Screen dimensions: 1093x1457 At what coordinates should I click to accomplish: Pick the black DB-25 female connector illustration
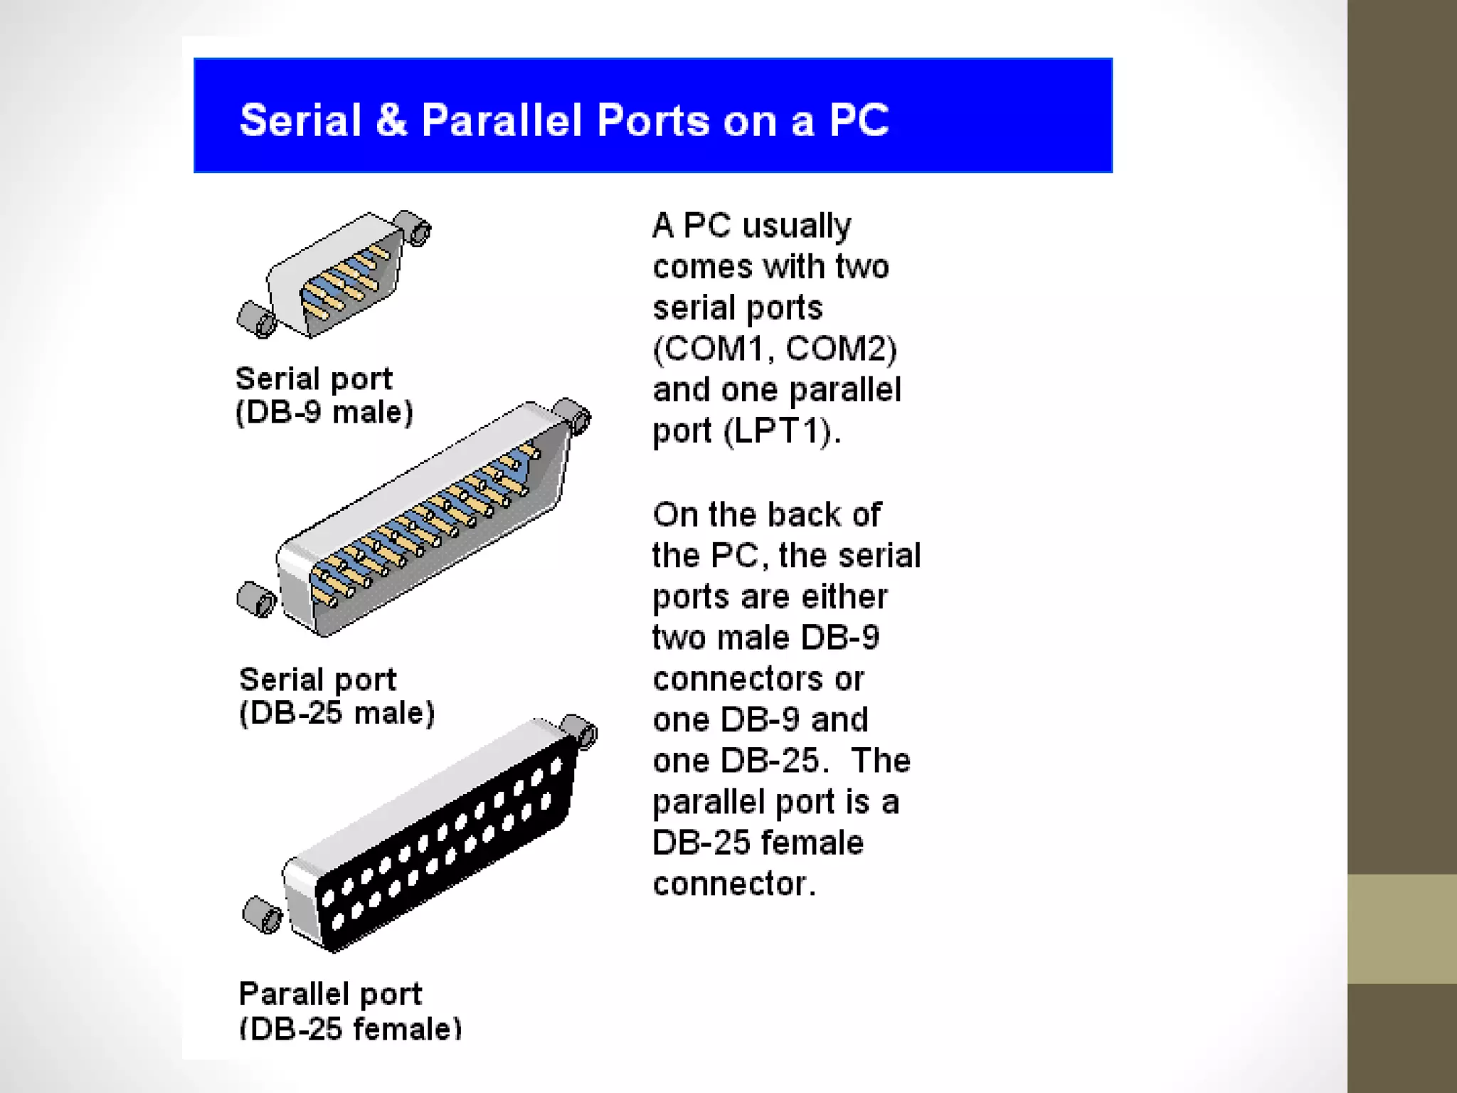click(x=434, y=836)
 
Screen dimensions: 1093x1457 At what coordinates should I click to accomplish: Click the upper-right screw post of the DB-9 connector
click(x=414, y=227)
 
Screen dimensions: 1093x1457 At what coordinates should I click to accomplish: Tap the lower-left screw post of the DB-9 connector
click(x=256, y=320)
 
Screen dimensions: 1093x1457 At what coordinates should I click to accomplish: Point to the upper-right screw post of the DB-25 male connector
click(x=573, y=416)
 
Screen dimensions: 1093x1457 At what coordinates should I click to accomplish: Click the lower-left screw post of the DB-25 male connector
click(x=256, y=599)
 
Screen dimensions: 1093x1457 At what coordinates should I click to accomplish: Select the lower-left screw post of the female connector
click(x=262, y=914)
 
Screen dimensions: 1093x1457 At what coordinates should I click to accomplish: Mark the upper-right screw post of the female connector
click(x=580, y=730)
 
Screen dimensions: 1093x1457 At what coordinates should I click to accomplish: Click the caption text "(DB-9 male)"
click(x=324, y=413)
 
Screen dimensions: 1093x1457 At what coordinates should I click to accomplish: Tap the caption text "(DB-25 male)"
click(x=337, y=713)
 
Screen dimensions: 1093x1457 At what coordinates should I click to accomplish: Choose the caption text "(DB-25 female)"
click(x=350, y=1028)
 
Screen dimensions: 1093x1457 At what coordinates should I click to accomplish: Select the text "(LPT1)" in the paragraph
click(x=782, y=431)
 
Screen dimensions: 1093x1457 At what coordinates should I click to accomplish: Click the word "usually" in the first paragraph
click(x=796, y=226)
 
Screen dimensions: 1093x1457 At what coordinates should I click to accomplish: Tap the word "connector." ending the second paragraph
click(x=734, y=884)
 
